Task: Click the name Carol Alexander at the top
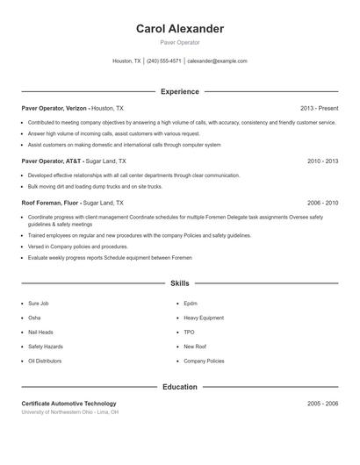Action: (x=180, y=29)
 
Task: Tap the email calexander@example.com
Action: (x=217, y=61)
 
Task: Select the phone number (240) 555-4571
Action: (x=163, y=61)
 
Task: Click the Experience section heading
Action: (x=180, y=91)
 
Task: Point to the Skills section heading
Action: (x=180, y=283)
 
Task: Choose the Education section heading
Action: (x=180, y=387)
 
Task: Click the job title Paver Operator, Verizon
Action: (x=54, y=108)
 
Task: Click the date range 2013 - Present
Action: (x=319, y=108)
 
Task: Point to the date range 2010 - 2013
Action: (x=322, y=161)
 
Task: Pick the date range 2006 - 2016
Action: (x=322, y=203)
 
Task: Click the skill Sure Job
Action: (x=38, y=304)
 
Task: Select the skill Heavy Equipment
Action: (x=203, y=318)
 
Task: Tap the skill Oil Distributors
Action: (x=45, y=361)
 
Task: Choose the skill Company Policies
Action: (x=204, y=361)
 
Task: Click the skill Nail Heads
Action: (x=40, y=333)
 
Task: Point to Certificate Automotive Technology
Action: (x=68, y=404)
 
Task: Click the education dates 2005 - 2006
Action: (x=322, y=404)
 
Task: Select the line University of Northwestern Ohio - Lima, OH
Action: (x=70, y=412)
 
